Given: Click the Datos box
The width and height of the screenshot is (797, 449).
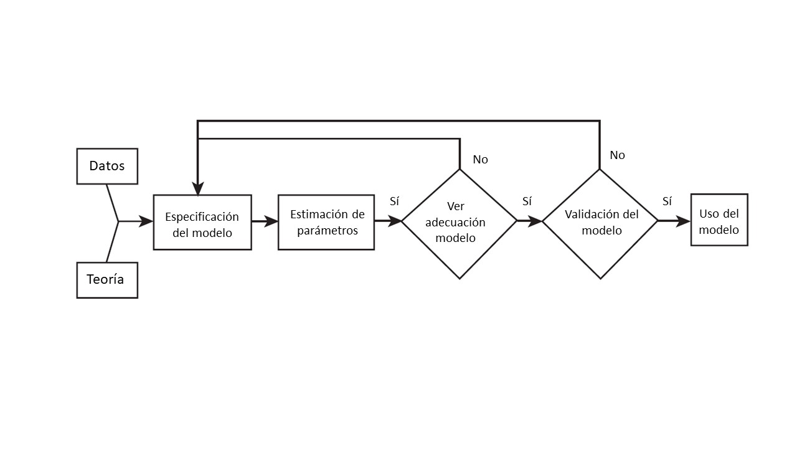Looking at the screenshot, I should click(107, 166).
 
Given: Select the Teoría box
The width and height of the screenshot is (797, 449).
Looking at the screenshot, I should click(107, 280).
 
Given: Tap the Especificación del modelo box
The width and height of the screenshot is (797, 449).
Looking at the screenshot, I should click(202, 223).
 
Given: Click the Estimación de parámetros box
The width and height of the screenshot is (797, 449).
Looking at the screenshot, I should click(326, 223).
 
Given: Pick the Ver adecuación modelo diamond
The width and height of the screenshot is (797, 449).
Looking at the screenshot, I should click(459, 223).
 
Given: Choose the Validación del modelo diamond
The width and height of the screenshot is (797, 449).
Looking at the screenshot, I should click(600, 223).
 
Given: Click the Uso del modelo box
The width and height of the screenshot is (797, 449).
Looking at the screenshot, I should click(719, 220).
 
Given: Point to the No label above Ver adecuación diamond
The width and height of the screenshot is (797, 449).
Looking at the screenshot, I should click(480, 160).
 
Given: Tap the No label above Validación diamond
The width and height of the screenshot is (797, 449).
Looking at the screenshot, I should click(617, 155).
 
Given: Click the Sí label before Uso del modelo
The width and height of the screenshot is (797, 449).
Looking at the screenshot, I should click(667, 201).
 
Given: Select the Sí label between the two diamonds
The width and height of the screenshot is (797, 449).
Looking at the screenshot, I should click(527, 201).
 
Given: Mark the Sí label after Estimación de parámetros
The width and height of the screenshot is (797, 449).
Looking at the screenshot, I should click(394, 201).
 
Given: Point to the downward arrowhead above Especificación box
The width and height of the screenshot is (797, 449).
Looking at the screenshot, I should click(197, 188).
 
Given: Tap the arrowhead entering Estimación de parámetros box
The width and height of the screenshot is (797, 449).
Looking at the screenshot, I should click(271, 221).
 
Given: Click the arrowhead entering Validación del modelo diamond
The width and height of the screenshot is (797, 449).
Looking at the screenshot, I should click(535, 221).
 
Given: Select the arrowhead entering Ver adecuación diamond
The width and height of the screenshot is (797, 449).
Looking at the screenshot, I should click(395, 221).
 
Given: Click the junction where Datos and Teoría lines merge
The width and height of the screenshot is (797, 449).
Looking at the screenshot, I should click(118, 221).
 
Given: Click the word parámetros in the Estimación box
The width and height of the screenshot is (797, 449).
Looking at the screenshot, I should click(328, 231).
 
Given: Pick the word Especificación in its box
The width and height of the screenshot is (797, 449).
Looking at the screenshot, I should click(202, 217).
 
